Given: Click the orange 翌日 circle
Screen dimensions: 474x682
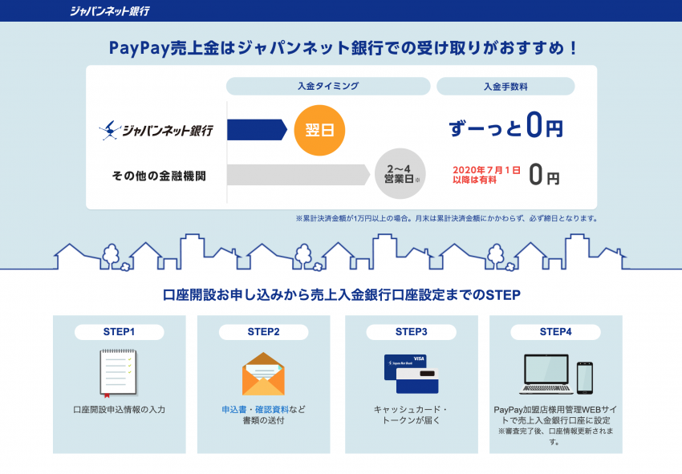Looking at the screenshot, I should tap(319, 129).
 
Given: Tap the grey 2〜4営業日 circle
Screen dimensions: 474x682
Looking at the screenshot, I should tap(398, 173).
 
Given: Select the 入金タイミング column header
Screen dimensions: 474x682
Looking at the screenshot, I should tap(327, 86).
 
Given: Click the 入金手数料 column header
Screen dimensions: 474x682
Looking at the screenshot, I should tap(505, 86).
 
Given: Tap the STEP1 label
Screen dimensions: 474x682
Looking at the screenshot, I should tap(119, 331).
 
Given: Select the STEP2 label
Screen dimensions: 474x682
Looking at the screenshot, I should tap(263, 331).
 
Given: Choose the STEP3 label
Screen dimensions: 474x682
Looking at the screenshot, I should tap(411, 331).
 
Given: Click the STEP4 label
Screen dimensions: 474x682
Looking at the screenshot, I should tap(555, 331).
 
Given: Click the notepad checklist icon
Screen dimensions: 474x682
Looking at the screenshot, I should tap(118, 374).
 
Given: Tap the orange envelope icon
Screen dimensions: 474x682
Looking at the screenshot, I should tap(263, 375).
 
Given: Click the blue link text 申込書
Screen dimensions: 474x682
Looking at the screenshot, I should tap(233, 409).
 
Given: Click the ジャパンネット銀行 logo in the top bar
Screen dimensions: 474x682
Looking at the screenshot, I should tap(109, 11).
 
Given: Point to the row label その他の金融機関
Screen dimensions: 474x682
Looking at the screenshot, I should tap(159, 175).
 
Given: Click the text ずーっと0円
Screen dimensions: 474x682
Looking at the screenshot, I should tap(505, 128).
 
